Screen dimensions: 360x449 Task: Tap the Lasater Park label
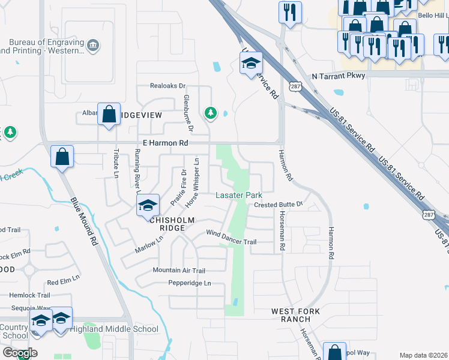239,196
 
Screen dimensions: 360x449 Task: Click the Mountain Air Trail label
179,271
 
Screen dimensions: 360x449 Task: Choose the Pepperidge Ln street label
190,283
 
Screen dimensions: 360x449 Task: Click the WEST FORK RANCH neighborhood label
291,315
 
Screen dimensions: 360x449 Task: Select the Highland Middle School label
114,329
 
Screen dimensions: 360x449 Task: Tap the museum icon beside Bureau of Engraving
93,45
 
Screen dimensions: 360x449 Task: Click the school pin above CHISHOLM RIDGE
148,205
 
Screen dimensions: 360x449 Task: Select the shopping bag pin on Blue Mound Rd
62,157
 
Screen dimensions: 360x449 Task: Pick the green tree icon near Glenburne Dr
210,112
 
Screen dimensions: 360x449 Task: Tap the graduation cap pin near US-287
251,62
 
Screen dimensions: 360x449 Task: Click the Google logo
19,352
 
